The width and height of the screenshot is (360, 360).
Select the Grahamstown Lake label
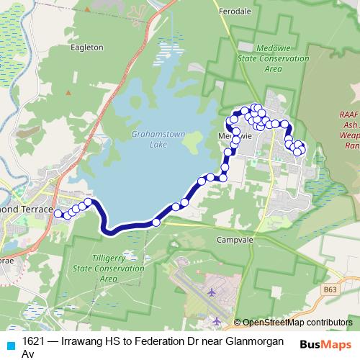149,139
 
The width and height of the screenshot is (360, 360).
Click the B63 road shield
330,289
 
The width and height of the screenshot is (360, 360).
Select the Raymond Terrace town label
27,209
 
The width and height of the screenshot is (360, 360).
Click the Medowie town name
235,135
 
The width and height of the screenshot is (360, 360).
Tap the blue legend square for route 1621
9,344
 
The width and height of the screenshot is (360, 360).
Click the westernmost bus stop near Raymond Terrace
59,213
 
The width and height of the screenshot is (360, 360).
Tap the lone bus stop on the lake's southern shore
156,222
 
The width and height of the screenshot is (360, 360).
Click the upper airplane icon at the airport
212,292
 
